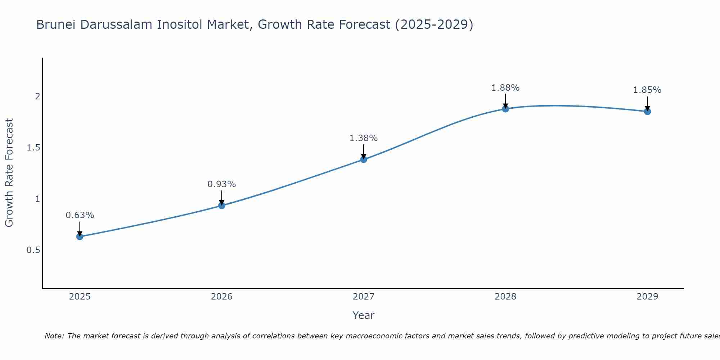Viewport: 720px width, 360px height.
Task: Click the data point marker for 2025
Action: [80, 237]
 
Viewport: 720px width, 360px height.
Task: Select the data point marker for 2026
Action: [222, 206]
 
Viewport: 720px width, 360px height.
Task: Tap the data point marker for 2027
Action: [364, 159]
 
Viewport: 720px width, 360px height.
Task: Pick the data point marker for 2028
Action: [505, 109]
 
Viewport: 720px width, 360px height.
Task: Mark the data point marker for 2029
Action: [647, 112]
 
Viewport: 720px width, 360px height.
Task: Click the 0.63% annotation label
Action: [80, 215]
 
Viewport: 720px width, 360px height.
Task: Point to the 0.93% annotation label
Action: [222, 184]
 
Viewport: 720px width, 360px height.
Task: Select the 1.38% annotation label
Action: [364, 138]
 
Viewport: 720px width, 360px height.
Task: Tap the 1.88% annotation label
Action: [505, 88]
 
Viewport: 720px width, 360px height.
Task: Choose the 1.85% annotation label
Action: [647, 90]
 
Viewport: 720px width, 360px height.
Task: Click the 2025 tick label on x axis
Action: [80, 297]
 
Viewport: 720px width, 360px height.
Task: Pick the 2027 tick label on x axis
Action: [364, 297]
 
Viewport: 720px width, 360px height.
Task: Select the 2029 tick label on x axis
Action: [647, 297]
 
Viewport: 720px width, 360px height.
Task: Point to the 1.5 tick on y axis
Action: [33, 148]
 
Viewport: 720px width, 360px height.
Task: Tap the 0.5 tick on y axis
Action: [33, 250]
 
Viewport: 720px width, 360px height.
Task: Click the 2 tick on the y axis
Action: [37, 96]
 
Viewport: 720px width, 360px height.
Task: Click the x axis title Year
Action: [364, 315]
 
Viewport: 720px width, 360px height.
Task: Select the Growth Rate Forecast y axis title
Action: [9, 173]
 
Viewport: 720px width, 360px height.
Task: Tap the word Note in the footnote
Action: [54, 336]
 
